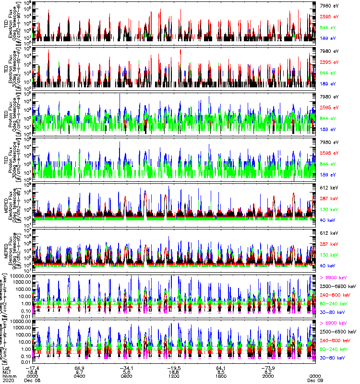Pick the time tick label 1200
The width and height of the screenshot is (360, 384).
173,376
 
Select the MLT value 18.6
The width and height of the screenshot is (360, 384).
173,372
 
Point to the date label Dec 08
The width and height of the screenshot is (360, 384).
33,380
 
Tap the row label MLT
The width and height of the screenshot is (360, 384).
7,372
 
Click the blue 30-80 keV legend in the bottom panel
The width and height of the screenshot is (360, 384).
330,358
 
